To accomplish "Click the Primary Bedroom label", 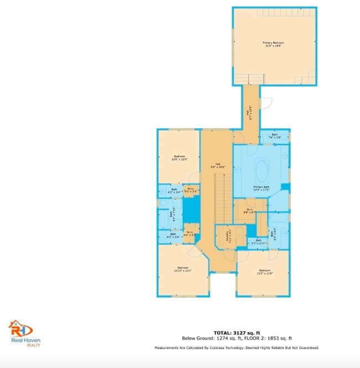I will pyautogui.click(x=274, y=45).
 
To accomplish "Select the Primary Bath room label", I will pyautogui.click(x=261, y=189).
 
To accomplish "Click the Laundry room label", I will pyautogui.click(x=228, y=237).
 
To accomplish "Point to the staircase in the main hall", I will pyautogui.click(x=221, y=194).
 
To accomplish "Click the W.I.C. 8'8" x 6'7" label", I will pyautogui.click(x=250, y=211).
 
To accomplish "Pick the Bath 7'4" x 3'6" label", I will pyautogui.click(x=275, y=136).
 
